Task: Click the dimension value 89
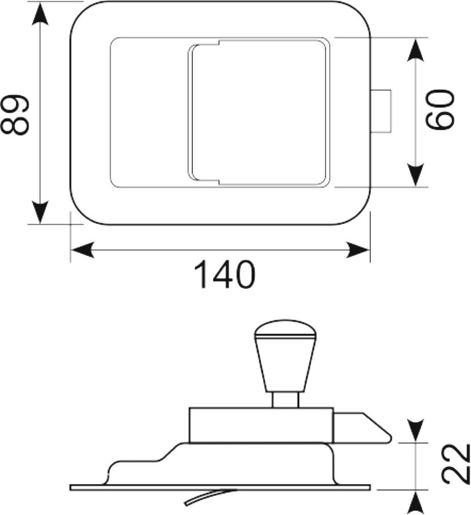coord(14,114)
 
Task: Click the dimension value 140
coord(225,275)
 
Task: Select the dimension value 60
coord(440,109)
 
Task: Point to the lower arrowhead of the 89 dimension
coord(40,211)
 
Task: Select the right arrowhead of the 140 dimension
coord(358,250)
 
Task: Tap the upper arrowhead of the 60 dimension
coord(415,50)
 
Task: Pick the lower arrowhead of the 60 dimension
coord(415,175)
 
